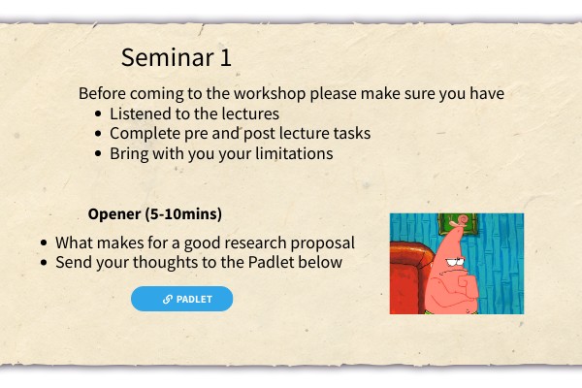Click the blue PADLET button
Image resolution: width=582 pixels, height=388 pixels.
pos(182,299)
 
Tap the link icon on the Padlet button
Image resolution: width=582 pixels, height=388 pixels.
pos(168,299)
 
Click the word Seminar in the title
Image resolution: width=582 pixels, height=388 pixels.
pos(168,57)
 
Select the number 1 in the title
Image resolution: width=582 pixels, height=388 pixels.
pos(226,57)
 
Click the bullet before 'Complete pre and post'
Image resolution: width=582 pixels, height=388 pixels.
pos(98,133)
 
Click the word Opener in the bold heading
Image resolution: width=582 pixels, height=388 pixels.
pos(114,214)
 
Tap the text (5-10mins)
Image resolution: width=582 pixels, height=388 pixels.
pos(183,214)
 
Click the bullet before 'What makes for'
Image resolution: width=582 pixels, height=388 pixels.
pos(44,242)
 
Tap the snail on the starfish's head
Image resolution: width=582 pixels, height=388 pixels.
pos(460,221)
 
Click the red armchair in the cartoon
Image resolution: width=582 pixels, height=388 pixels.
pos(409,277)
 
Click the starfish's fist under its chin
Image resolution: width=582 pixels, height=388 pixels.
pos(466,286)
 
